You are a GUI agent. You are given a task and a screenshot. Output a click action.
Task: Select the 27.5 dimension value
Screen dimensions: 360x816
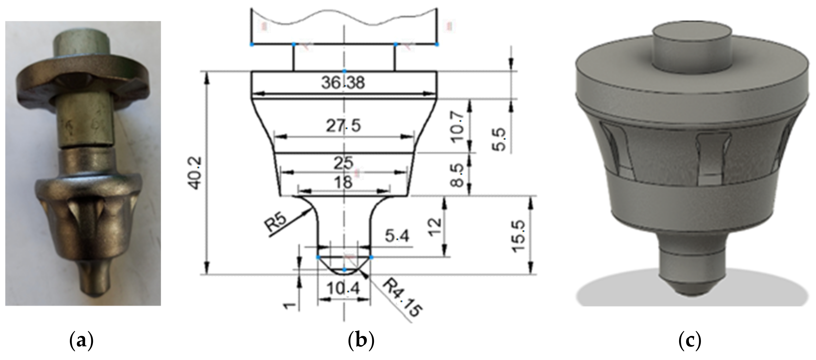[343, 126]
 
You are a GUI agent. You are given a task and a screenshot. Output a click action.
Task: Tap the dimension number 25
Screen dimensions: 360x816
[343, 163]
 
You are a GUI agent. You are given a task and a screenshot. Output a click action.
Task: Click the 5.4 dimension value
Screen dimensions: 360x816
[397, 237]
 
